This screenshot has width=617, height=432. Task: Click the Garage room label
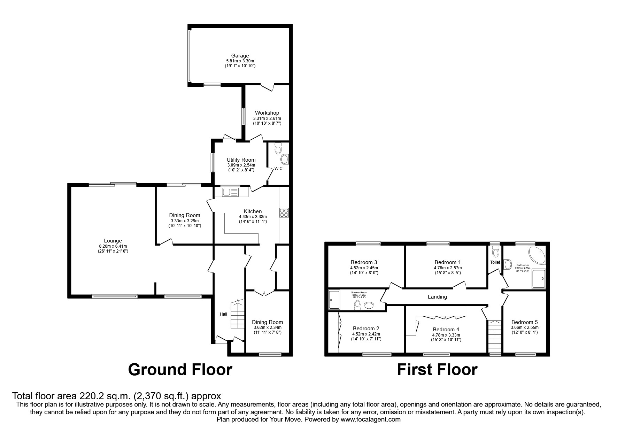click(x=240, y=56)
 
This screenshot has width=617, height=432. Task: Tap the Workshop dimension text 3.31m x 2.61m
click(x=267, y=118)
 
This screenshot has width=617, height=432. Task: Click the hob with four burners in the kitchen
click(x=284, y=213)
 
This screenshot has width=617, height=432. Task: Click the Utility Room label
click(x=241, y=160)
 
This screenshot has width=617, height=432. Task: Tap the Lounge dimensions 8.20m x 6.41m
click(x=113, y=246)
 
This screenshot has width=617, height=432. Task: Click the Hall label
click(x=223, y=314)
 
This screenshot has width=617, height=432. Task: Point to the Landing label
click(x=437, y=297)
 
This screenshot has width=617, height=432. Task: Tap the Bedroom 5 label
click(x=524, y=322)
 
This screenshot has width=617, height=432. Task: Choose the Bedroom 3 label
click(x=364, y=262)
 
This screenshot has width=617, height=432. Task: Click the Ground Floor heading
click(x=180, y=370)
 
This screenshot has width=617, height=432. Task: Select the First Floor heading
click(x=437, y=370)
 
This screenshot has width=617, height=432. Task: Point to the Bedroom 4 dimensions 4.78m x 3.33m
click(x=446, y=335)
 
